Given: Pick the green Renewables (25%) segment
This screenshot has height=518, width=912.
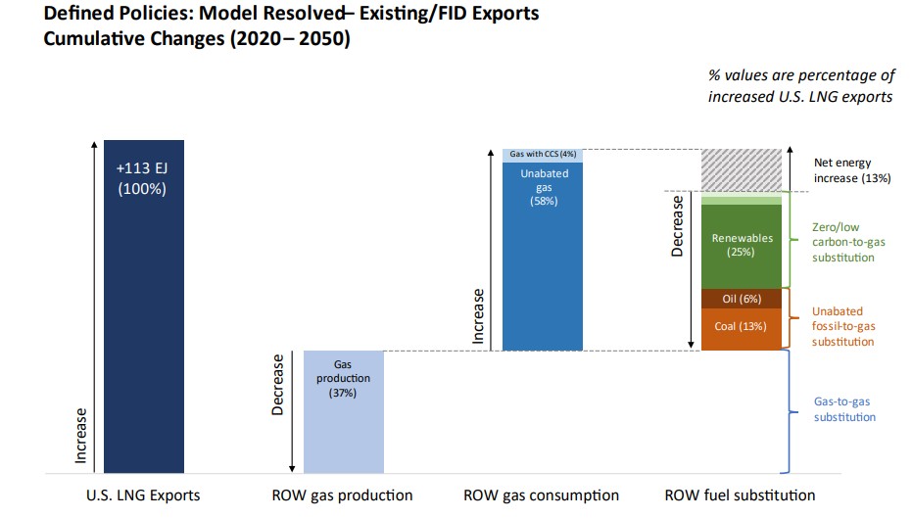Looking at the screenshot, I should tap(741, 245).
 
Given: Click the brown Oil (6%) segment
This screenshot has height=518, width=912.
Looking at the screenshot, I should tap(741, 299).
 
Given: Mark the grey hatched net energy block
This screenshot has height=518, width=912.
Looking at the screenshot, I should tap(741, 169).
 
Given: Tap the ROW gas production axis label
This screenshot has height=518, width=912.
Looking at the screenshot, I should tap(342, 494).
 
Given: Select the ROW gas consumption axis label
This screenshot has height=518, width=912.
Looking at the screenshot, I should tap(541, 494).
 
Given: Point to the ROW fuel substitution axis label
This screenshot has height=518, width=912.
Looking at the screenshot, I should tap(740, 494).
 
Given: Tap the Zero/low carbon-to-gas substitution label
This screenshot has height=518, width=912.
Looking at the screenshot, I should tap(842, 242).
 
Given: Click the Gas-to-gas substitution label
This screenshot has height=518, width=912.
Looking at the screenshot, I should tap(844, 409).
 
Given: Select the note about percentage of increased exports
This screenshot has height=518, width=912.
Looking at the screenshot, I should tap(801, 86).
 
